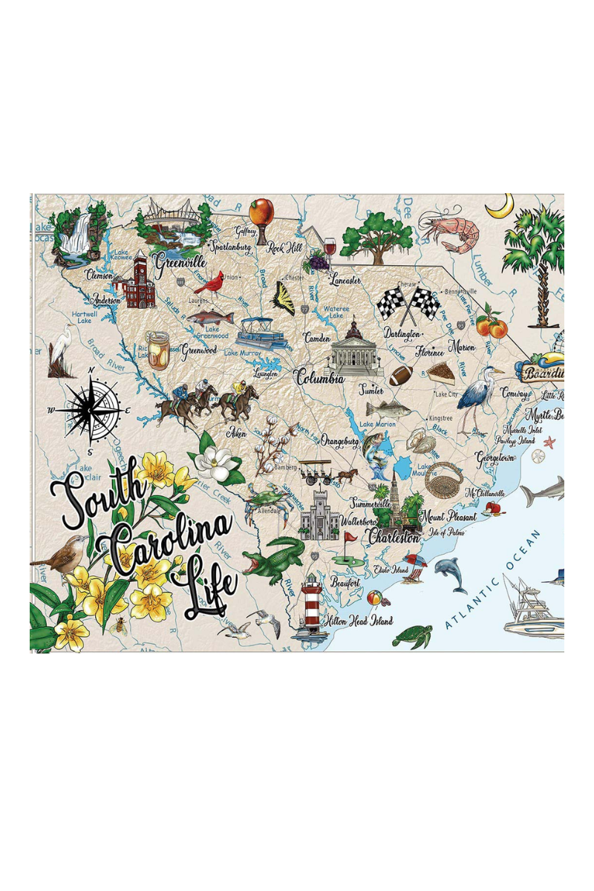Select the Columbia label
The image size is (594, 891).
[320, 378]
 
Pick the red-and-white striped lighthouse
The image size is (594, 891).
[311, 606]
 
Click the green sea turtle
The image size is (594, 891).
[412, 635]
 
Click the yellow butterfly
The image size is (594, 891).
[284, 298]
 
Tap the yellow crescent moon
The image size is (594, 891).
[500, 206]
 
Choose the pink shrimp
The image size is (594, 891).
[449, 231]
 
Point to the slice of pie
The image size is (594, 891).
[440, 373]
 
